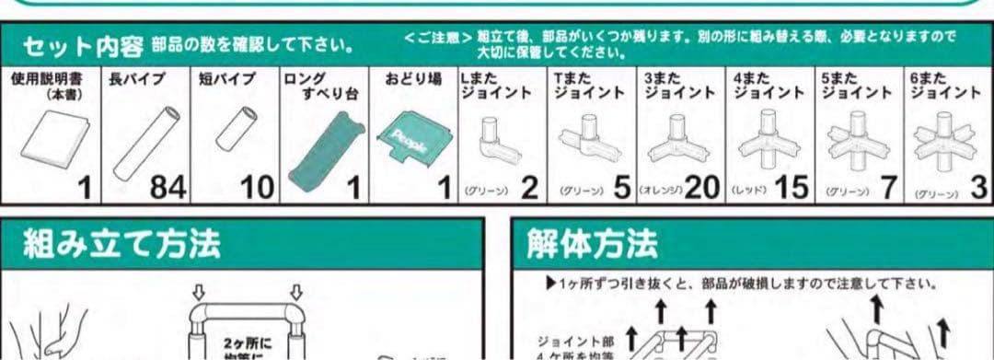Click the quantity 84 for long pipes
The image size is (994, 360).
point(166,188)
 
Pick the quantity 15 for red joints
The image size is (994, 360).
point(791,188)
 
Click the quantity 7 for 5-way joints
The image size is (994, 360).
point(887,188)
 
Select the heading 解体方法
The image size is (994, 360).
point(592,244)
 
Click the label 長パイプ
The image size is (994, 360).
point(136,79)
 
